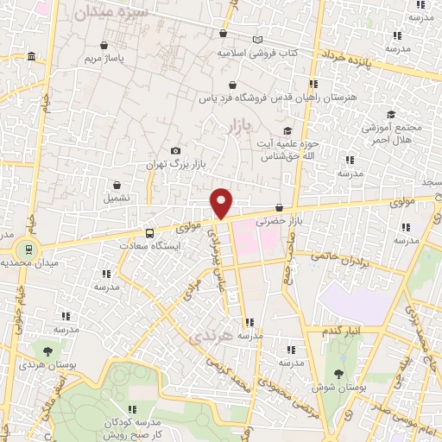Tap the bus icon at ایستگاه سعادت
click(x=150, y=233)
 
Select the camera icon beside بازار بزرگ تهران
click(x=177, y=150)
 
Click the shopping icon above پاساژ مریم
click(x=104, y=46)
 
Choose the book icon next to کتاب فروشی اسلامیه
click(x=257, y=40)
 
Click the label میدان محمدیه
click(x=27, y=262)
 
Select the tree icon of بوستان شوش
click(x=338, y=374)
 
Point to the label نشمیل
click(x=117, y=198)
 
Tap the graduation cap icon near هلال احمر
click(x=390, y=114)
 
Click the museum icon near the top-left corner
click(x=32, y=57)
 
